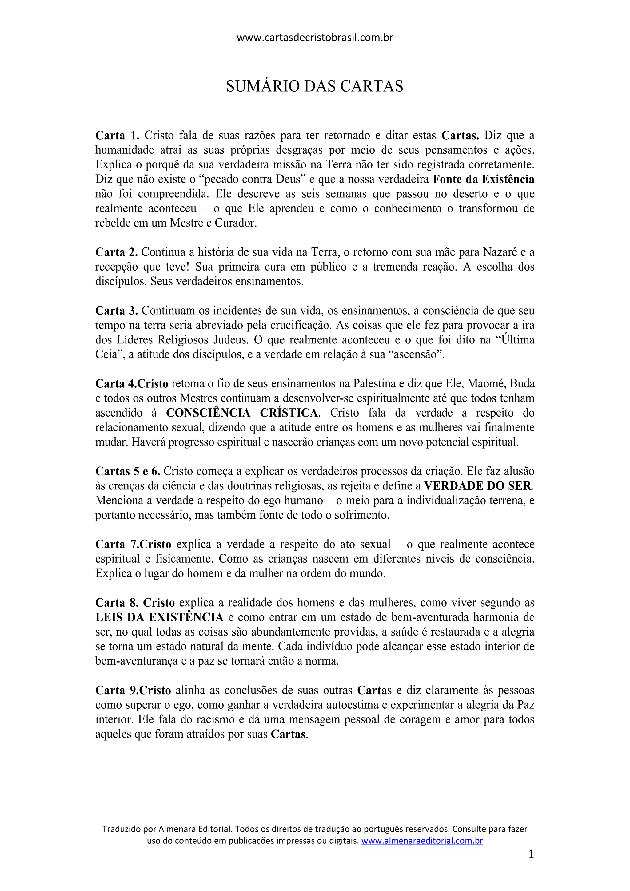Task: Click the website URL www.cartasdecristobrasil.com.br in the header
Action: pyautogui.click(x=315, y=38)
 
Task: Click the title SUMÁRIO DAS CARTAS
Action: pyautogui.click(x=315, y=86)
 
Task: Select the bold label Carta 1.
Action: pyautogui.click(x=117, y=136)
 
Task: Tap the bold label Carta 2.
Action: pyautogui.click(x=117, y=252)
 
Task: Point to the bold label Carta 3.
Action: pyautogui.click(x=117, y=311)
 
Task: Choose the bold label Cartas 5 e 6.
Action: pyautogui.click(x=128, y=471)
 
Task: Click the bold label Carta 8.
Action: pyautogui.click(x=117, y=603)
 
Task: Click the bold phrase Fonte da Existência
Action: pyautogui.click(x=483, y=179)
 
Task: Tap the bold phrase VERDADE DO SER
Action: pyautogui.click(x=479, y=486)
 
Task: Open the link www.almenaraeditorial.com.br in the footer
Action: pyautogui.click(x=422, y=841)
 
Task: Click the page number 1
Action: pyautogui.click(x=531, y=854)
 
